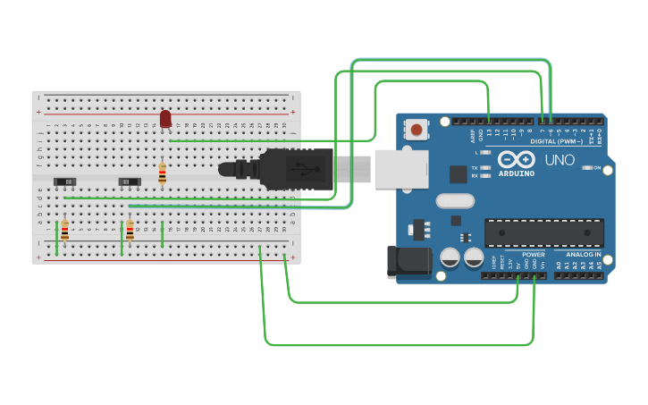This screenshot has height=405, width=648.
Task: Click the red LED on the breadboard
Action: click(165, 118)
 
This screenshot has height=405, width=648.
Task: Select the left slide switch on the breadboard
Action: click(64, 181)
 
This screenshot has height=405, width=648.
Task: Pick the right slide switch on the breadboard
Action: click(130, 181)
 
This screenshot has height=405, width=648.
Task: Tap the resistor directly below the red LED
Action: click(162, 173)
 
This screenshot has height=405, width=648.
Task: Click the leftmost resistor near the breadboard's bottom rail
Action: click(64, 231)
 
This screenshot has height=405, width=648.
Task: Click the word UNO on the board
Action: click(560, 160)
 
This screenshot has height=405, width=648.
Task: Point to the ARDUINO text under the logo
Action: click(516, 173)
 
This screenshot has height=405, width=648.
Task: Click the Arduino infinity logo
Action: click(517, 158)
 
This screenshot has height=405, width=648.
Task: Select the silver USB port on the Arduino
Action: click(400, 169)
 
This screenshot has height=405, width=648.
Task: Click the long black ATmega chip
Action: click(543, 232)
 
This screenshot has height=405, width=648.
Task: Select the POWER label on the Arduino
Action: click(534, 255)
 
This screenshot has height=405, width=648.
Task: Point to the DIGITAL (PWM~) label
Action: click(556, 141)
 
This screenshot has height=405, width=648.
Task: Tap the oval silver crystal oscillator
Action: click(455, 201)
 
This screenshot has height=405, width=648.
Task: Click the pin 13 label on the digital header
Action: click(489, 133)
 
